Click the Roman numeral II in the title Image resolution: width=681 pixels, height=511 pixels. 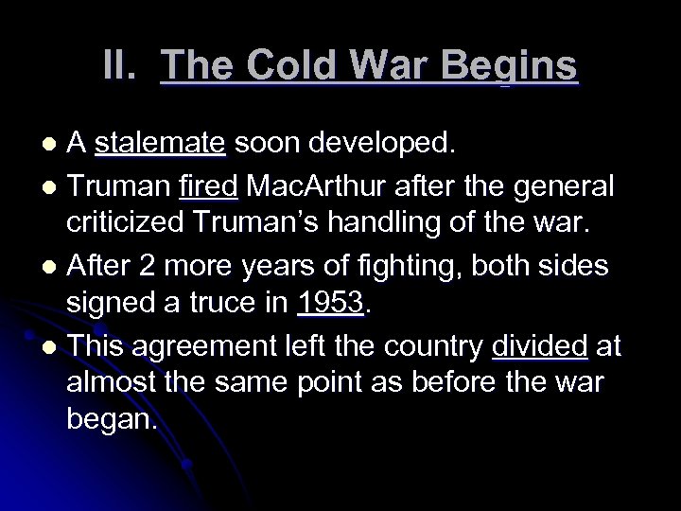click(120, 66)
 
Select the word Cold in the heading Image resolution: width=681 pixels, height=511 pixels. click(275, 66)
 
